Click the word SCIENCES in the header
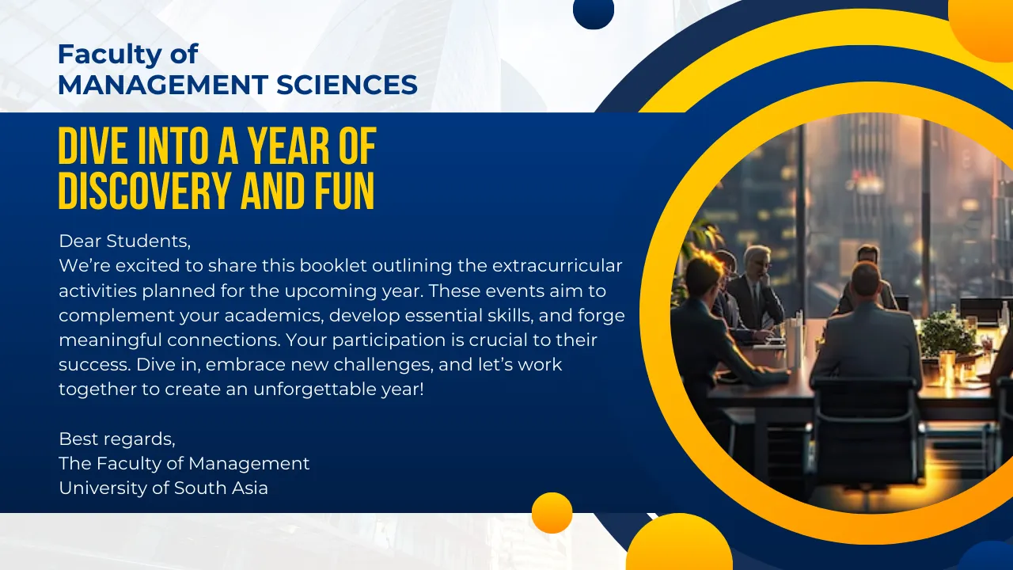click(347, 85)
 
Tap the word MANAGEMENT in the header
click(163, 85)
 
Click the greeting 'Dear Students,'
click(125, 241)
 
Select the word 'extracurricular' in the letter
click(557, 265)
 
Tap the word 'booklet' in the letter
click(333, 265)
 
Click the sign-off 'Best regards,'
click(117, 439)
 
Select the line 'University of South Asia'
click(163, 488)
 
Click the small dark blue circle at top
click(594, 11)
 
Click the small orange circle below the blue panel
click(552, 512)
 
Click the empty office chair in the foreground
click(866, 430)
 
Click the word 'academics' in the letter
click(274, 315)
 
